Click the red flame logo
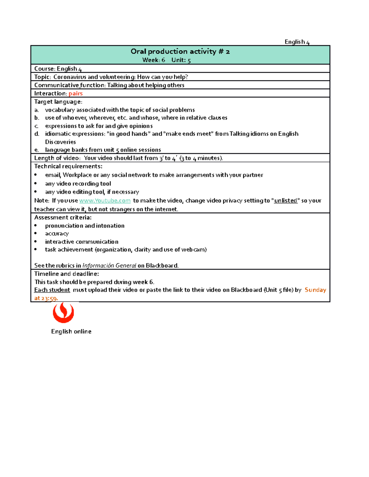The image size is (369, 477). (63, 312)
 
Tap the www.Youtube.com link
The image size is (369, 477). (105, 201)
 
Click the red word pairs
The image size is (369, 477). (76, 93)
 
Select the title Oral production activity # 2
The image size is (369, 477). (180, 51)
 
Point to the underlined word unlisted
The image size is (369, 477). (286, 201)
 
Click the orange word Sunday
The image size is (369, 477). (315, 290)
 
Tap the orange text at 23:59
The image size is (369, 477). (46, 298)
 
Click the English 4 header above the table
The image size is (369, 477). (297, 42)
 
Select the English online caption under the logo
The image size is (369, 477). (71, 331)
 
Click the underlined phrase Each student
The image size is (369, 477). (52, 290)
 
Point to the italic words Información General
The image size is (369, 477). (109, 265)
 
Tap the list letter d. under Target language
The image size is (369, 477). (37, 134)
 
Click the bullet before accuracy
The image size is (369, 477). (36, 233)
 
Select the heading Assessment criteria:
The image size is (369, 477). (63, 217)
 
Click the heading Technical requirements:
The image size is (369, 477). (68, 166)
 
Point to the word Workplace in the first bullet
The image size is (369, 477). (77, 175)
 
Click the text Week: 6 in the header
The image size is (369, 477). (154, 60)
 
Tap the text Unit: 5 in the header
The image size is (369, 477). (181, 60)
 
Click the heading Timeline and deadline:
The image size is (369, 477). (66, 274)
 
